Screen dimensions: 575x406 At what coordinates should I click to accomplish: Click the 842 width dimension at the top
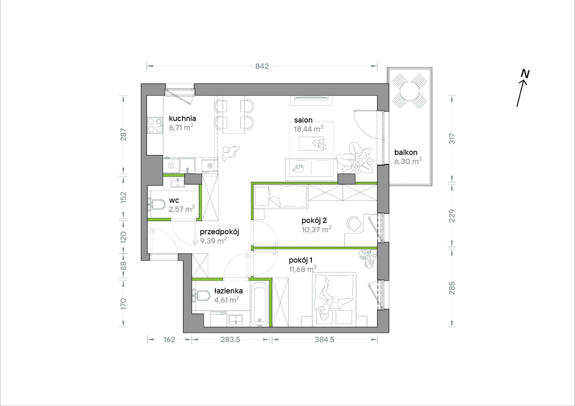tap(262, 66)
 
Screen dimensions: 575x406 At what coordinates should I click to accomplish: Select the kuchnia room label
tap(182, 119)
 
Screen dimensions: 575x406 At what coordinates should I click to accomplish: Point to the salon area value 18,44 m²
tap(308, 129)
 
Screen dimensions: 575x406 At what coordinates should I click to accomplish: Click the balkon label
tap(406, 152)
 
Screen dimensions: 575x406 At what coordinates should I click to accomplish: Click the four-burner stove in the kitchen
tap(155, 125)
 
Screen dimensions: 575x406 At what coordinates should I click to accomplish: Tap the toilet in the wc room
tap(156, 204)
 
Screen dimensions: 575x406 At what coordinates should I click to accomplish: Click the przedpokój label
tap(219, 232)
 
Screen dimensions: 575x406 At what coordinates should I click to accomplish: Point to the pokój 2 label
tap(314, 220)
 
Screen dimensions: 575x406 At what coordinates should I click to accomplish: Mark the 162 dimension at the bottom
tap(169, 340)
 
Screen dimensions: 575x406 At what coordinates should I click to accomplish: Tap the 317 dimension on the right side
tap(451, 139)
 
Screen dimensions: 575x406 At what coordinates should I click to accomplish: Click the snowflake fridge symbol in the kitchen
tap(210, 165)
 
